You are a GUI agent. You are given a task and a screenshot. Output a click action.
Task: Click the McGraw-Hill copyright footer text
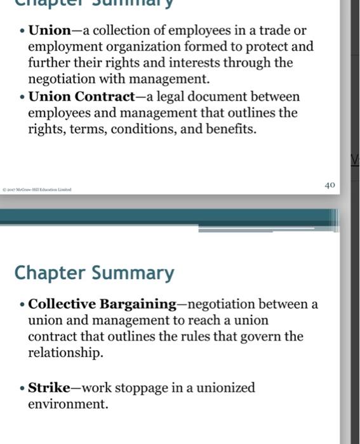coord(38,189)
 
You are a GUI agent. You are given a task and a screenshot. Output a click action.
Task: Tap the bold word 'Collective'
coord(62,304)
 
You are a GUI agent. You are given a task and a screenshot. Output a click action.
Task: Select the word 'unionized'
coord(225,387)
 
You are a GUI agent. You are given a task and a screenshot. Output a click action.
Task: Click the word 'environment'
coord(68,403)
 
